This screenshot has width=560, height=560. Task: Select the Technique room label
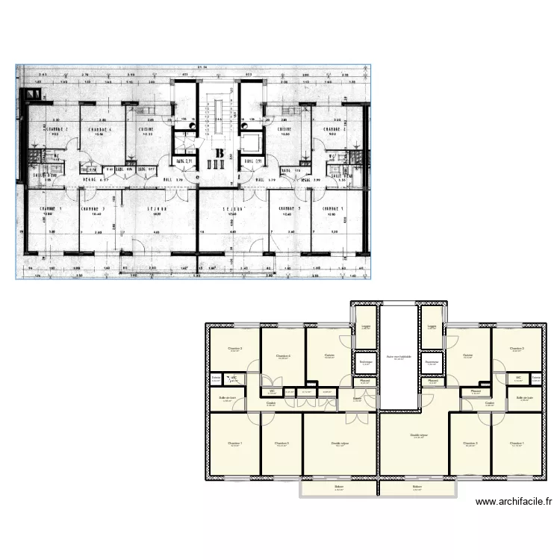pos(365,362)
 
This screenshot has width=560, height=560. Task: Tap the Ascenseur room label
pos(432,362)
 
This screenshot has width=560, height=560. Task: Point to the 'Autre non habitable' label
pos(398,356)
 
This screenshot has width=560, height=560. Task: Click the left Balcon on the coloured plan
pos(339,488)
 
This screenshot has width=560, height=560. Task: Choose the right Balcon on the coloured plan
pos(417,488)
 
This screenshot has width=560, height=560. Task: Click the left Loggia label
pos(365,326)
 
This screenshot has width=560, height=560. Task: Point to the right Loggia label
pos(432,326)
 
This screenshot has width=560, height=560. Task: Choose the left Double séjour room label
pos(340,444)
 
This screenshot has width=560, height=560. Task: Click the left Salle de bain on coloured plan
pos(227,398)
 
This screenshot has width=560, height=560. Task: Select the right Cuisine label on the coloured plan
pos(467,355)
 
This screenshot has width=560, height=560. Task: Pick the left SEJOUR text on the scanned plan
pos(156,209)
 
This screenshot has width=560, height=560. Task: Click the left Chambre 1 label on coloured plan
pos(234,444)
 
